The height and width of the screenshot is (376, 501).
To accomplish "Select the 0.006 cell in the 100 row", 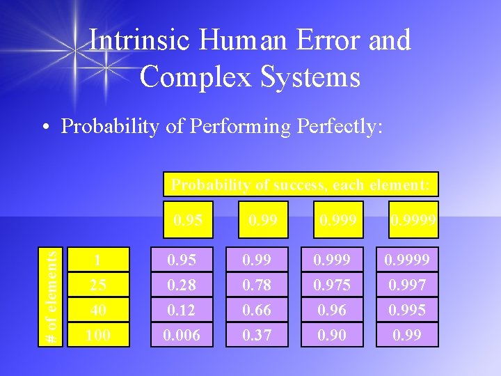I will (182, 335).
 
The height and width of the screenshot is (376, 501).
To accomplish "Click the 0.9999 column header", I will (413, 221).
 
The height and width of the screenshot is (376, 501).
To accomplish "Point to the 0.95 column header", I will (188, 221).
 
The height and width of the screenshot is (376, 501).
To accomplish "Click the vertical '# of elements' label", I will (51, 296).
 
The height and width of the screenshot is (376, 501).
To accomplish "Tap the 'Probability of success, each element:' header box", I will (301, 185).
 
